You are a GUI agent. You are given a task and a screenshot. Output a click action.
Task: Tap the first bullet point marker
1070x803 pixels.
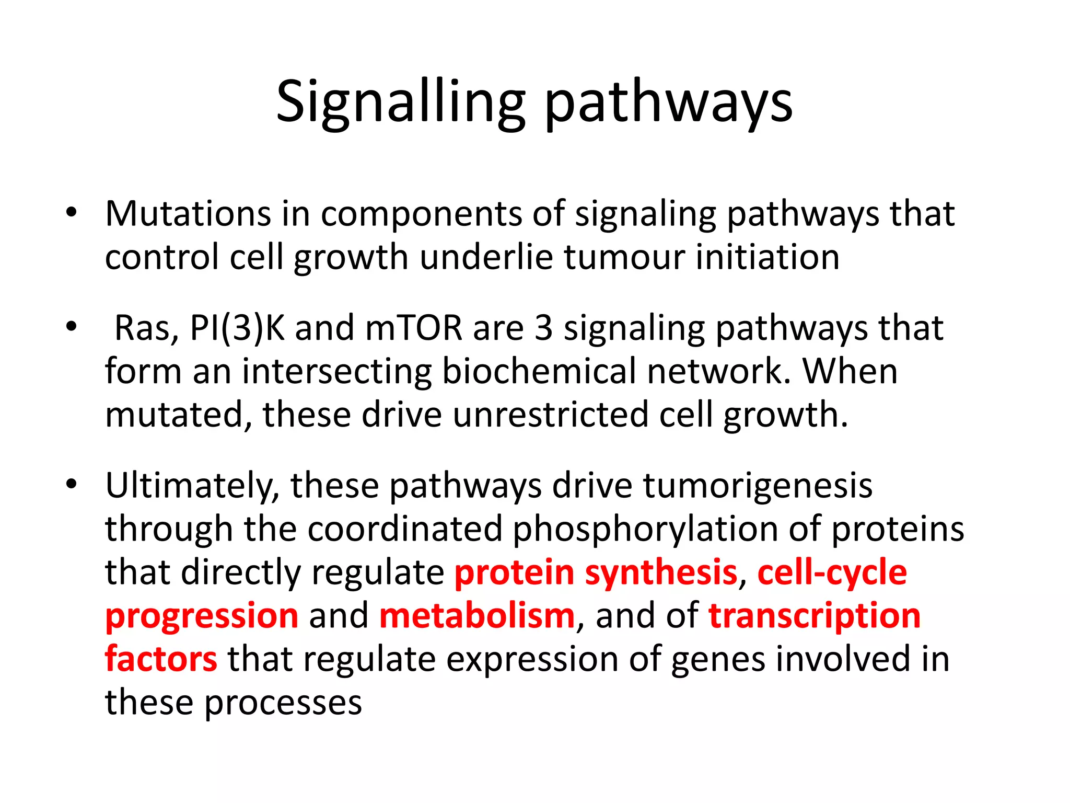tap(72, 213)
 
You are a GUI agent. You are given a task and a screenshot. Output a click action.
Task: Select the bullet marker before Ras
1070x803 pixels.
tap(72, 327)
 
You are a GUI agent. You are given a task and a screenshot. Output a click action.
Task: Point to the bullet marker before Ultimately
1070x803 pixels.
tap(72, 485)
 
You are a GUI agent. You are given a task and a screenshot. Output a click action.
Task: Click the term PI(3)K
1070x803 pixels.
tap(237, 328)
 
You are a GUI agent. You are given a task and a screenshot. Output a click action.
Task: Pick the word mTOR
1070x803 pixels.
tap(414, 328)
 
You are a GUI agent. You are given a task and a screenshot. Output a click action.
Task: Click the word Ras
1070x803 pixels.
tap(146, 328)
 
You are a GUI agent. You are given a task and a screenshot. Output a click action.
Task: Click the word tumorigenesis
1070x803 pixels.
tap(758, 486)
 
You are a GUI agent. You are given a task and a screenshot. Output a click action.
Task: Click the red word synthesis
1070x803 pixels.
tap(661, 572)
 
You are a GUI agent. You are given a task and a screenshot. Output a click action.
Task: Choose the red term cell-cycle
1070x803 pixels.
tap(832, 572)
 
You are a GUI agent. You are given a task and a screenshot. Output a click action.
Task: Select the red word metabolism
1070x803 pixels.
tap(477, 616)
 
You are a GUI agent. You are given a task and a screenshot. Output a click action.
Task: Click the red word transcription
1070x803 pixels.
tap(814, 616)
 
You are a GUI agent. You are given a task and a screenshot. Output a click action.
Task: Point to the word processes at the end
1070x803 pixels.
tap(283, 703)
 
